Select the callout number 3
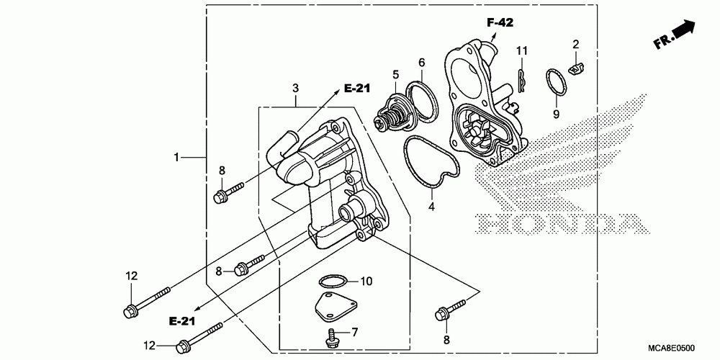pos(294,88)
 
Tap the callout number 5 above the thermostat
pos(395,73)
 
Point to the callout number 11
pos(522,50)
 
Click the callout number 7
pos(354,332)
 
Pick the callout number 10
pos(366,280)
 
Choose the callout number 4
pos(431,206)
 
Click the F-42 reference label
pos(500,23)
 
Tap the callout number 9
pos(556,114)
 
